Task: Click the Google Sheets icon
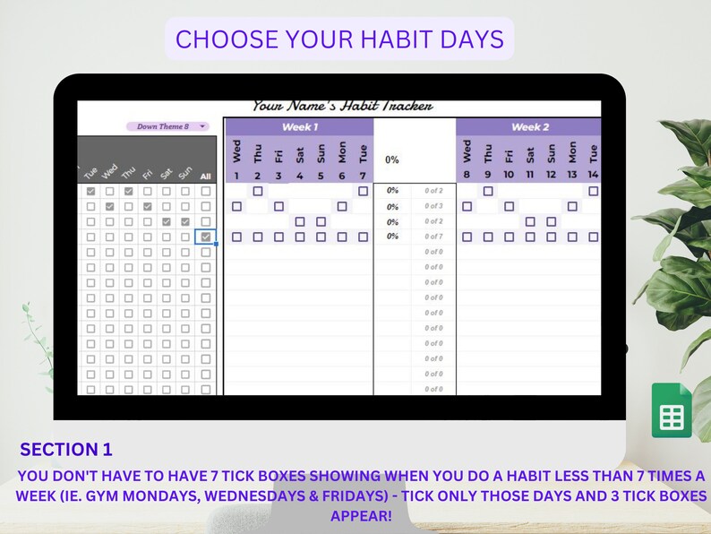click(671, 410)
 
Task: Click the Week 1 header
click(297, 127)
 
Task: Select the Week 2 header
click(530, 127)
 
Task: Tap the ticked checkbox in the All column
click(206, 237)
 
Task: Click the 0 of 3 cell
click(433, 206)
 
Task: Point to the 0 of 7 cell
click(433, 237)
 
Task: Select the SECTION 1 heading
click(66, 450)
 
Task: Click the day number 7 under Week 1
click(363, 176)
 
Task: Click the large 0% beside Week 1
click(392, 160)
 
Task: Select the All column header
click(206, 177)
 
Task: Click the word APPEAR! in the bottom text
click(361, 516)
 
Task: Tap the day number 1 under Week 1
click(236, 176)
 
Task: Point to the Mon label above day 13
click(572, 151)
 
